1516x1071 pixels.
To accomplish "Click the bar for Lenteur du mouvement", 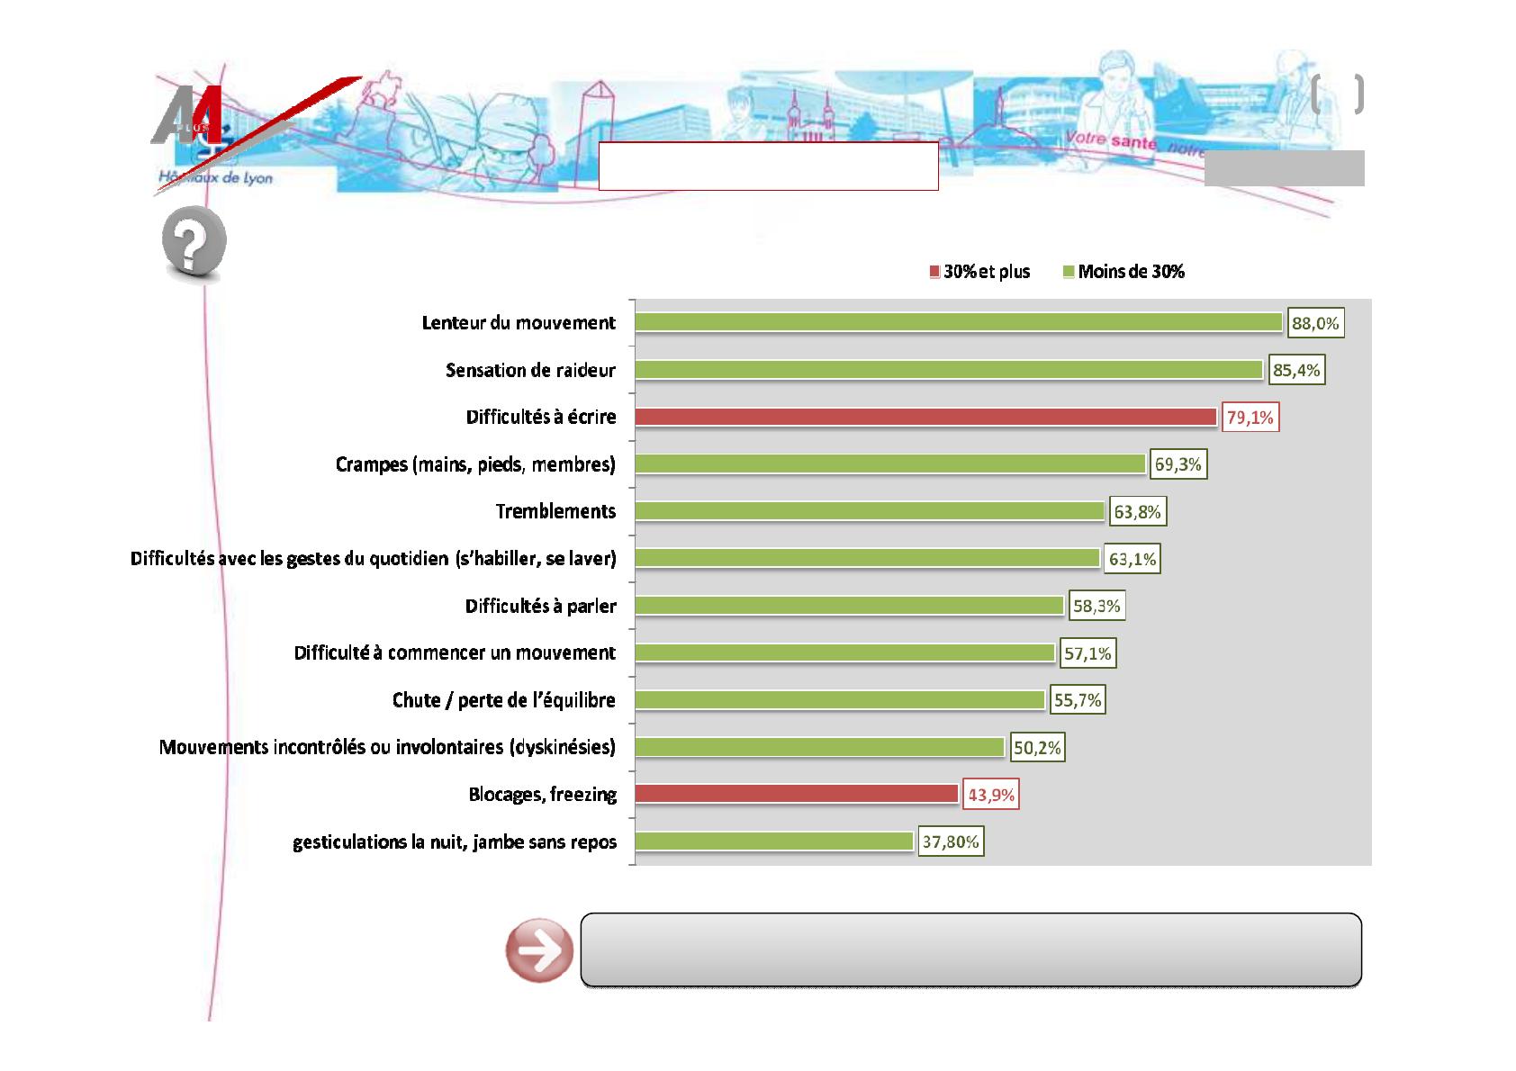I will click(x=958, y=322).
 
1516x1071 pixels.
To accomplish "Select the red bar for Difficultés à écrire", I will click(x=926, y=417).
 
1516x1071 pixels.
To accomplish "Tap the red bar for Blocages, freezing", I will click(x=796, y=794).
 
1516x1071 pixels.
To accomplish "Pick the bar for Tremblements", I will click(x=869, y=511).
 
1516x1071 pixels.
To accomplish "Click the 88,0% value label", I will click(x=1315, y=324).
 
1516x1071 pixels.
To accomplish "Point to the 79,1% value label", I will click(x=1250, y=418).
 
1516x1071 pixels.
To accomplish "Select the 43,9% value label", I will click(x=990, y=796).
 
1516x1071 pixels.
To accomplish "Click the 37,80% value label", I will click(x=951, y=842).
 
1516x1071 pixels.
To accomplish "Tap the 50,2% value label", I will click(x=1037, y=748).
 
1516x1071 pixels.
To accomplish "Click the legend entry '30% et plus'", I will click(x=980, y=272).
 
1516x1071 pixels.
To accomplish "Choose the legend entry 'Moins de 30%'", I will click(x=1124, y=272).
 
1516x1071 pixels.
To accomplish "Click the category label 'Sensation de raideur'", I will click(x=530, y=370).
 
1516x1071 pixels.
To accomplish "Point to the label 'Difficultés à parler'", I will click(x=540, y=606).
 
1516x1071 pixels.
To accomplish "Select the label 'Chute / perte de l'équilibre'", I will click(x=503, y=700).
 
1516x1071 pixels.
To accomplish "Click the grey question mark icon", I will click(x=194, y=243).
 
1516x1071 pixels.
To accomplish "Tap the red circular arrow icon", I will click(x=539, y=951).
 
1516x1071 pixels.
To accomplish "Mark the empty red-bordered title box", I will click(x=768, y=166).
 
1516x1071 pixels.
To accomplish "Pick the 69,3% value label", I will click(x=1178, y=465).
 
